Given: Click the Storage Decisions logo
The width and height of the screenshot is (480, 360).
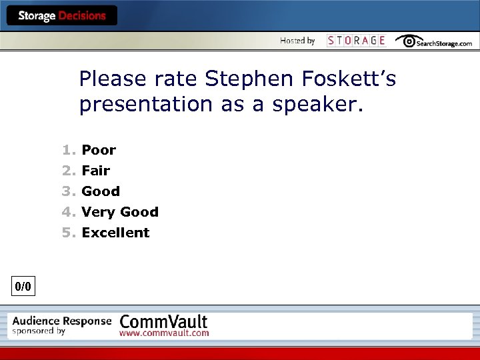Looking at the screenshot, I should click(61, 16).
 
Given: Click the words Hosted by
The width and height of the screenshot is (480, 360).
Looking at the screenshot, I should click(297, 41).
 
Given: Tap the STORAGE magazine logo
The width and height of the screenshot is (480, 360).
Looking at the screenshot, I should click(356, 41).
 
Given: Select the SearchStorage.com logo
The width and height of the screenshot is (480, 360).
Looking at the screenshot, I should click(433, 41).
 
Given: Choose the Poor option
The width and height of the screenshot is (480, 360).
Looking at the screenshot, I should click(99, 150).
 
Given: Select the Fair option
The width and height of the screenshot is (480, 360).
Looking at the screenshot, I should click(96, 171).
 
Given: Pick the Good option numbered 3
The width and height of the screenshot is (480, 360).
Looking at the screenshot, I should click(101, 191).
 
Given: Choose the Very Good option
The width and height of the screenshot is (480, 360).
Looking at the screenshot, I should click(120, 212).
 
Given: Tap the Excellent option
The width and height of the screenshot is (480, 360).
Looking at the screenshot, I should click(115, 233).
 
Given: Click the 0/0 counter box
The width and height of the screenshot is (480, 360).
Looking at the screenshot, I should click(23, 287).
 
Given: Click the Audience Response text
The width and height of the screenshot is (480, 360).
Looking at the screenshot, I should click(61, 321).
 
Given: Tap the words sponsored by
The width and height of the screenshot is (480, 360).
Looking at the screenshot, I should click(39, 331).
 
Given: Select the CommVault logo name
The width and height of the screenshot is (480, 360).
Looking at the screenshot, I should click(163, 320).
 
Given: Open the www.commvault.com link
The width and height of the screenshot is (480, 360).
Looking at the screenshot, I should click(164, 333).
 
